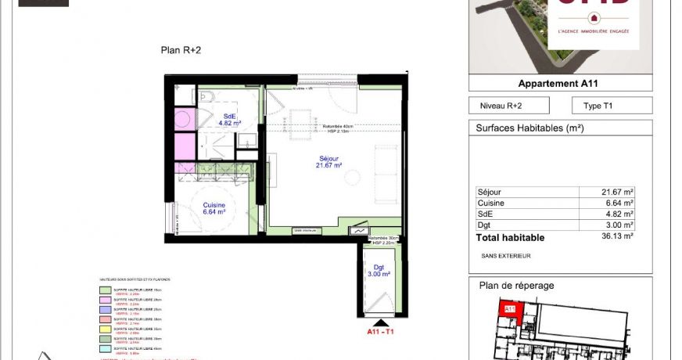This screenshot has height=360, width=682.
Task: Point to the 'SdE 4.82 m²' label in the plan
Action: [229, 120]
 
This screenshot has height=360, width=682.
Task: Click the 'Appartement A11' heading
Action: [558, 84]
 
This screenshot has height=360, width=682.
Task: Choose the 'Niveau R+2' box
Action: [508, 106]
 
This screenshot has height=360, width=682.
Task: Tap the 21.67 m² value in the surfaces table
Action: [617, 192]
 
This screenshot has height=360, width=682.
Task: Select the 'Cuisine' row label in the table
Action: [490, 203]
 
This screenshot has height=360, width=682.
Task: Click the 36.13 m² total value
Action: [617, 236]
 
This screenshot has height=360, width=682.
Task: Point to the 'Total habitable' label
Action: [510, 237]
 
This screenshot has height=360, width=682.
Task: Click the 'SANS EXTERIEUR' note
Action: [505, 256]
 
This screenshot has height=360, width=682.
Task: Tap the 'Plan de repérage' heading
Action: [516, 286]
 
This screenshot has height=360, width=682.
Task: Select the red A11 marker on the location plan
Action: [508, 310]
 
